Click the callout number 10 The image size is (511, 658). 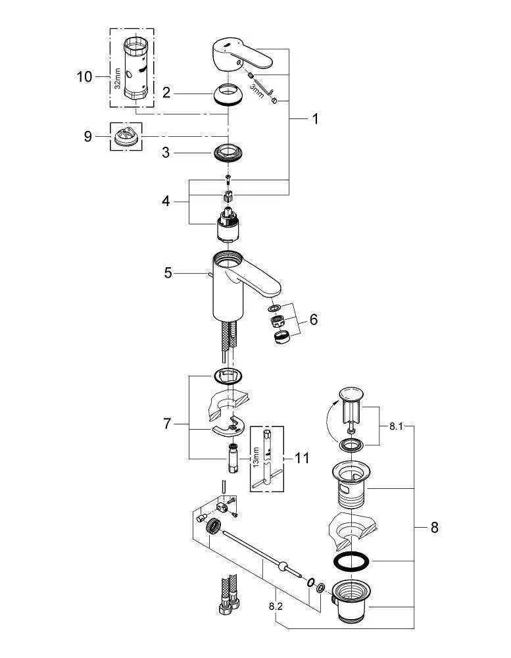pos(85,77)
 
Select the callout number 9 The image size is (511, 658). pos(88,137)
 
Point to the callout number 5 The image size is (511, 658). pos(168,271)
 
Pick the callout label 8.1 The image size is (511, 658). pos(395,426)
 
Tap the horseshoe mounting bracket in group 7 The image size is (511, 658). pos(228,428)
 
